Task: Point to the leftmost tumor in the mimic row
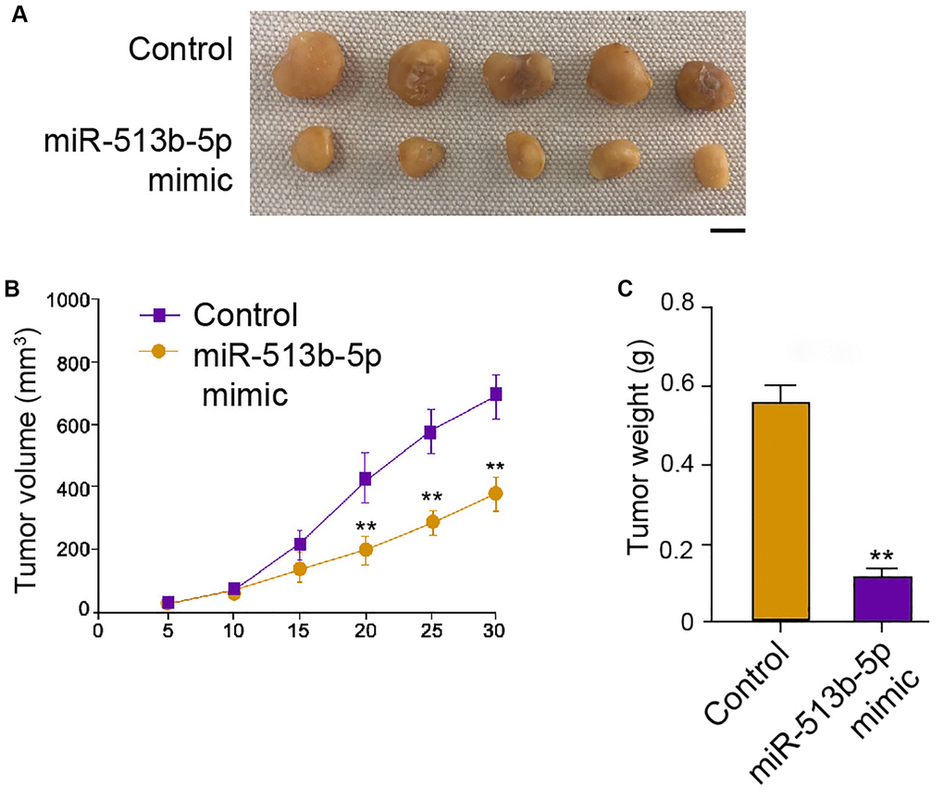click(x=316, y=153)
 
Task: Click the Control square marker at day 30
click(x=496, y=394)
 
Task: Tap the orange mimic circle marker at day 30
click(x=496, y=493)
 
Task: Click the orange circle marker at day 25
click(x=431, y=523)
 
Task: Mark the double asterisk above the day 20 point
click(x=366, y=528)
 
